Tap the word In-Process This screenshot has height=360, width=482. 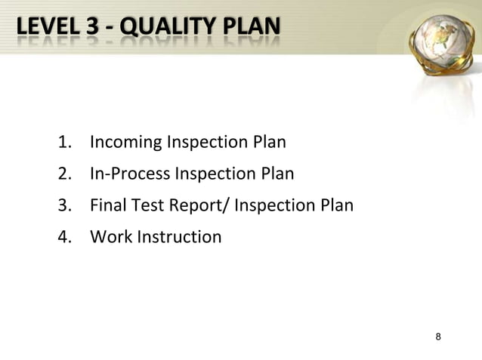[130, 175]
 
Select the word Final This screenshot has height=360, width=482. [107, 206]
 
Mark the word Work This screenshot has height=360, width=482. [109, 238]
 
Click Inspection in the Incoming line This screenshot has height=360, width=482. [205, 143]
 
